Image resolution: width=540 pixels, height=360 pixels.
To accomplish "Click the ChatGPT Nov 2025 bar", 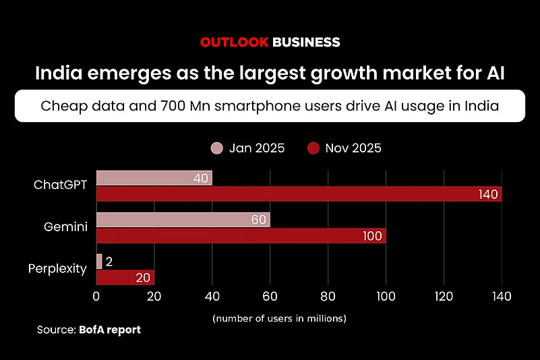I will (299, 194).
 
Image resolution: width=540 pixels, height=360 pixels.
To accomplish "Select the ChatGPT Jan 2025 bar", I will (154, 178).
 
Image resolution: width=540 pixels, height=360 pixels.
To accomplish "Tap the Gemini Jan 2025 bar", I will (183, 220).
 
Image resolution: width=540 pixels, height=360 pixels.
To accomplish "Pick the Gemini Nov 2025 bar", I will (241, 236).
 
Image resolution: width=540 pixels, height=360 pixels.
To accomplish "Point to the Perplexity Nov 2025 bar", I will (125, 278).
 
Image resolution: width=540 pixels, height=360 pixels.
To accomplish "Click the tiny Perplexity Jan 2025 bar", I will (99, 262).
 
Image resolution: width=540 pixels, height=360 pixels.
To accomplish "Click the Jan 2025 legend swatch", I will (217, 148).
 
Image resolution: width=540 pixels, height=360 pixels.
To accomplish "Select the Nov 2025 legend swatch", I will (313, 148).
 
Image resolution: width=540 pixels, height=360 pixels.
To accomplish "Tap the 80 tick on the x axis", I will (328, 296).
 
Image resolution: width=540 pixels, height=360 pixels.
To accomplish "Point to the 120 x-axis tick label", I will (443, 296).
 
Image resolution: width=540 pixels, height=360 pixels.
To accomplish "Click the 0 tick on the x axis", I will (96, 296).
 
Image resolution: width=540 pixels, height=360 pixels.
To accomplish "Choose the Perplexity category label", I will (57, 269).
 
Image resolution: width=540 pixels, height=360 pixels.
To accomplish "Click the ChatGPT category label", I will (61, 185).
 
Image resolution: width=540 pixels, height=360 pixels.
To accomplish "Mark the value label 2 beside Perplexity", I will (110, 262).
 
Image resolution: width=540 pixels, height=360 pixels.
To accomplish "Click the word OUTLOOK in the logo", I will (233, 42).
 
